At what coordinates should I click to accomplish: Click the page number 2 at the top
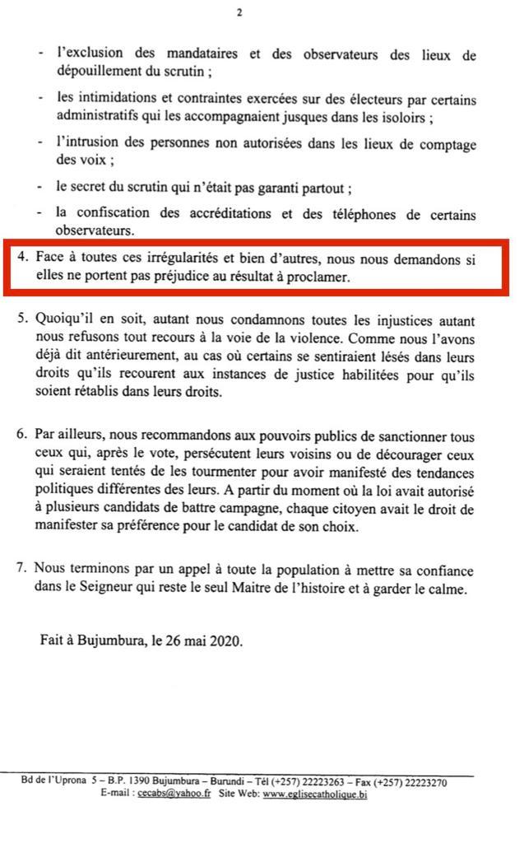click(x=239, y=12)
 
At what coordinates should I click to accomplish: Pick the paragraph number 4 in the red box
click(x=21, y=258)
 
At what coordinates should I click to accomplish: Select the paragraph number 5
click(x=21, y=319)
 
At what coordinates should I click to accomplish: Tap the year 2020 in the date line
click(x=225, y=641)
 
